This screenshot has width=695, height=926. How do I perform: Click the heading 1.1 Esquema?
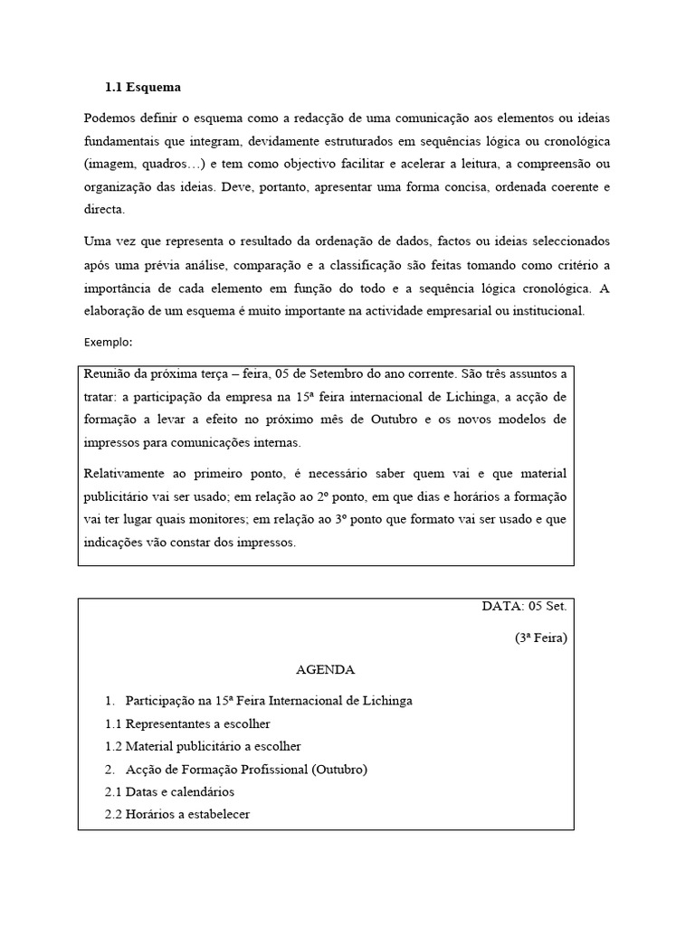coord(143,88)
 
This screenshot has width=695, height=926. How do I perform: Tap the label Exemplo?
coord(109,343)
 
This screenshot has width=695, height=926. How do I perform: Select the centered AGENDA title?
coord(325,670)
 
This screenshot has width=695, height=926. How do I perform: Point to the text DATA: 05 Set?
coord(524,606)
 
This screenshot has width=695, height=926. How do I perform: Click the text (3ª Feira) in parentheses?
coord(540,638)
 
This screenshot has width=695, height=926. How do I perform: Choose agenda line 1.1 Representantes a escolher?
coord(187,723)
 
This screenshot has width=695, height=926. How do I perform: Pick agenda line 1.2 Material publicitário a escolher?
coord(203,746)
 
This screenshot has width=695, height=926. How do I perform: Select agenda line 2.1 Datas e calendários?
coord(170,791)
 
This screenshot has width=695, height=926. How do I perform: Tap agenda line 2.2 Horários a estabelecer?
coord(177,814)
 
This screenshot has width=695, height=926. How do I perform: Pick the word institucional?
coord(550,311)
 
